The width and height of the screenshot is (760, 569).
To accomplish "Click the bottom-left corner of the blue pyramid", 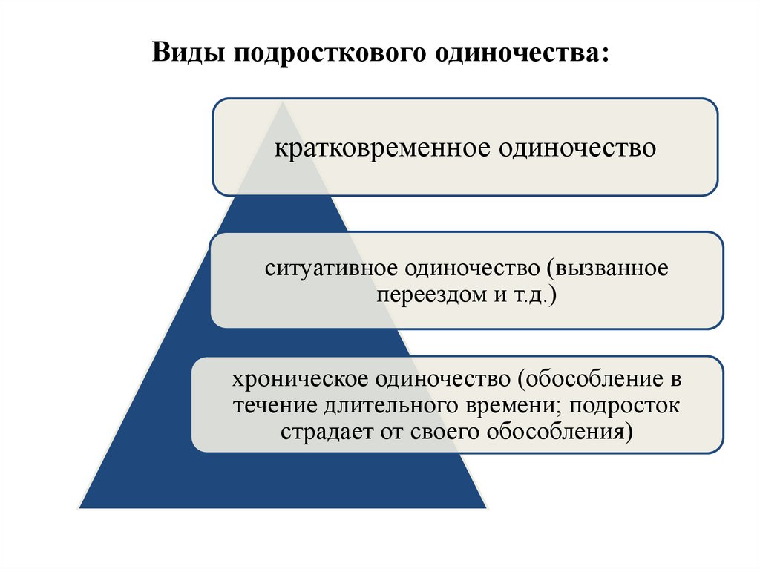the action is [x=80, y=507].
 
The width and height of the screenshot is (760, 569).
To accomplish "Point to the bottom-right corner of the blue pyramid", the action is [x=486, y=507].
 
